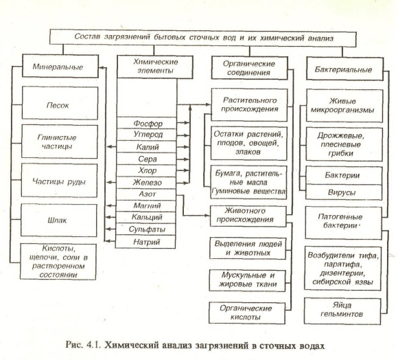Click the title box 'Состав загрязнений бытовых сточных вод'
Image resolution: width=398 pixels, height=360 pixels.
pyautogui.click(x=203, y=38)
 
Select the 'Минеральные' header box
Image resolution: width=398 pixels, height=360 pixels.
pyautogui.click(x=60, y=66)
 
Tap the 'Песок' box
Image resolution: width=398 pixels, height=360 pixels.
pyautogui.click(x=60, y=103)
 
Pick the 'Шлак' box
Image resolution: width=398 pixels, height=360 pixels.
pyautogui.click(x=58, y=221)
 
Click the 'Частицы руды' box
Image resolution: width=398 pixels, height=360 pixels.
pyautogui.click(x=59, y=181)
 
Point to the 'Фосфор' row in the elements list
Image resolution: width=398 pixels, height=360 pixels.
pyautogui.click(x=147, y=123)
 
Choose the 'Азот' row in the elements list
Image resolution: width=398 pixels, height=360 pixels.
pyautogui.click(x=145, y=194)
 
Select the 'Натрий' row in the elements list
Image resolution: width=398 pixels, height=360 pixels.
pyautogui.click(x=145, y=242)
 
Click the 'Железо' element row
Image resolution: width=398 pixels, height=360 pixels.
pyautogui.click(x=146, y=183)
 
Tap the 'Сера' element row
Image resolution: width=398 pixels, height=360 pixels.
pyautogui.click(x=146, y=159)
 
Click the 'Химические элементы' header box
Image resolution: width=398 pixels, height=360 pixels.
pyautogui.click(x=155, y=67)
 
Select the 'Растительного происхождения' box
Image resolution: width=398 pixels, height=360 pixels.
pyautogui.click(x=249, y=104)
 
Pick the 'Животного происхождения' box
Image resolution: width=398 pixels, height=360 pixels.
pyautogui.click(x=248, y=216)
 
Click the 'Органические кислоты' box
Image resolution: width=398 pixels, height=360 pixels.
pyautogui.click(x=247, y=313)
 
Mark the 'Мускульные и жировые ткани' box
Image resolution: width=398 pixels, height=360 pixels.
pyautogui.click(x=248, y=280)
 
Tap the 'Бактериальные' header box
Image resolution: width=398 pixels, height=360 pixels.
pyautogui.click(x=344, y=69)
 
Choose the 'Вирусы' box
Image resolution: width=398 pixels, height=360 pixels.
pyautogui.click(x=344, y=192)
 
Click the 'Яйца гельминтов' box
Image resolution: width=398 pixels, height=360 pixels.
pyautogui.click(x=342, y=311)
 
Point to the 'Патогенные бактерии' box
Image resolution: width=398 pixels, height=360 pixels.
pyautogui.click(x=343, y=223)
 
